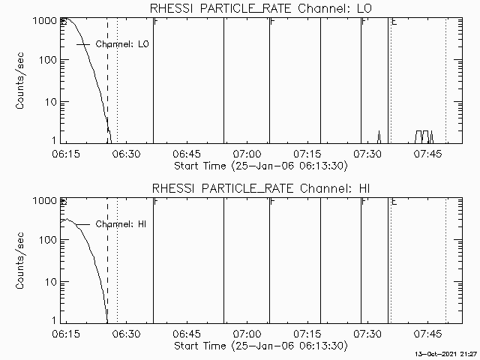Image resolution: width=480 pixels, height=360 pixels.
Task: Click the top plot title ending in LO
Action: (x=260, y=8)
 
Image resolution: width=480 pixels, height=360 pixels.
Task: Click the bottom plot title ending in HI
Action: (x=260, y=188)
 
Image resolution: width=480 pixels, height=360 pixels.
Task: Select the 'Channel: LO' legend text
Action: (x=123, y=45)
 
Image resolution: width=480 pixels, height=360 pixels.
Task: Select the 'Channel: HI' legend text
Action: (x=122, y=224)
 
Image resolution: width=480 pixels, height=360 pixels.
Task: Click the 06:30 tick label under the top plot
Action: (x=126, y=154)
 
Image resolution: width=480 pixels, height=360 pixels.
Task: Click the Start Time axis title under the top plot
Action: (x=260, y=166)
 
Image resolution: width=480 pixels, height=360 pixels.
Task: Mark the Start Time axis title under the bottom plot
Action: (x=260, y=346)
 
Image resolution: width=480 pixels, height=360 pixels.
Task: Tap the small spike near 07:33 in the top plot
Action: (x=379, y=135)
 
